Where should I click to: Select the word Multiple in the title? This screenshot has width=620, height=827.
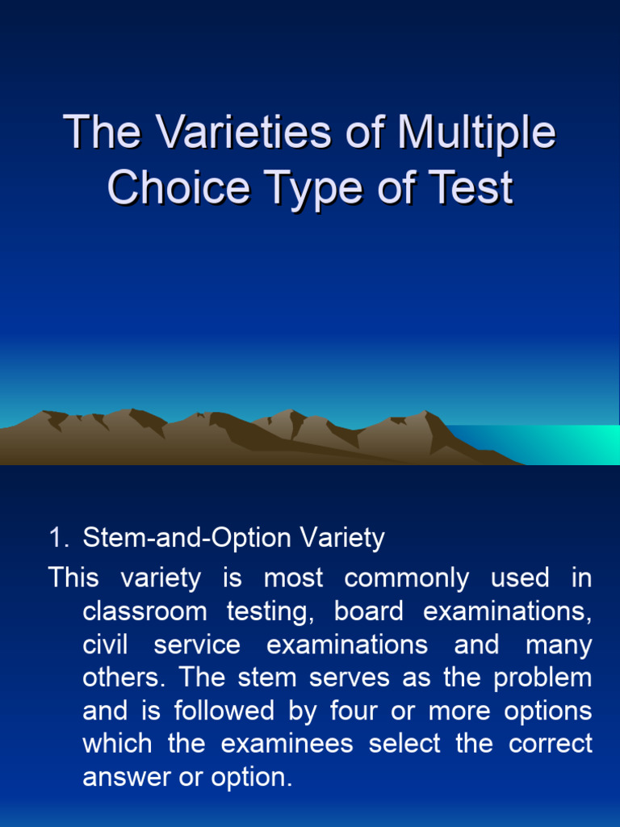(476, 132)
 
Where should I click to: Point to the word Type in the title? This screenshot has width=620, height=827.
(316, 187)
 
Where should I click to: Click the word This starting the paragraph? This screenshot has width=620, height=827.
(73, 578)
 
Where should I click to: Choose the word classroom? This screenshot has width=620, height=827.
(145, 611)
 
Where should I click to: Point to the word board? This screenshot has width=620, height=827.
(368, 611)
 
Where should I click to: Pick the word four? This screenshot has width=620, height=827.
(352, 711)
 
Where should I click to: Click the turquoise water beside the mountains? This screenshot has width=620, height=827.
(565, 445)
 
